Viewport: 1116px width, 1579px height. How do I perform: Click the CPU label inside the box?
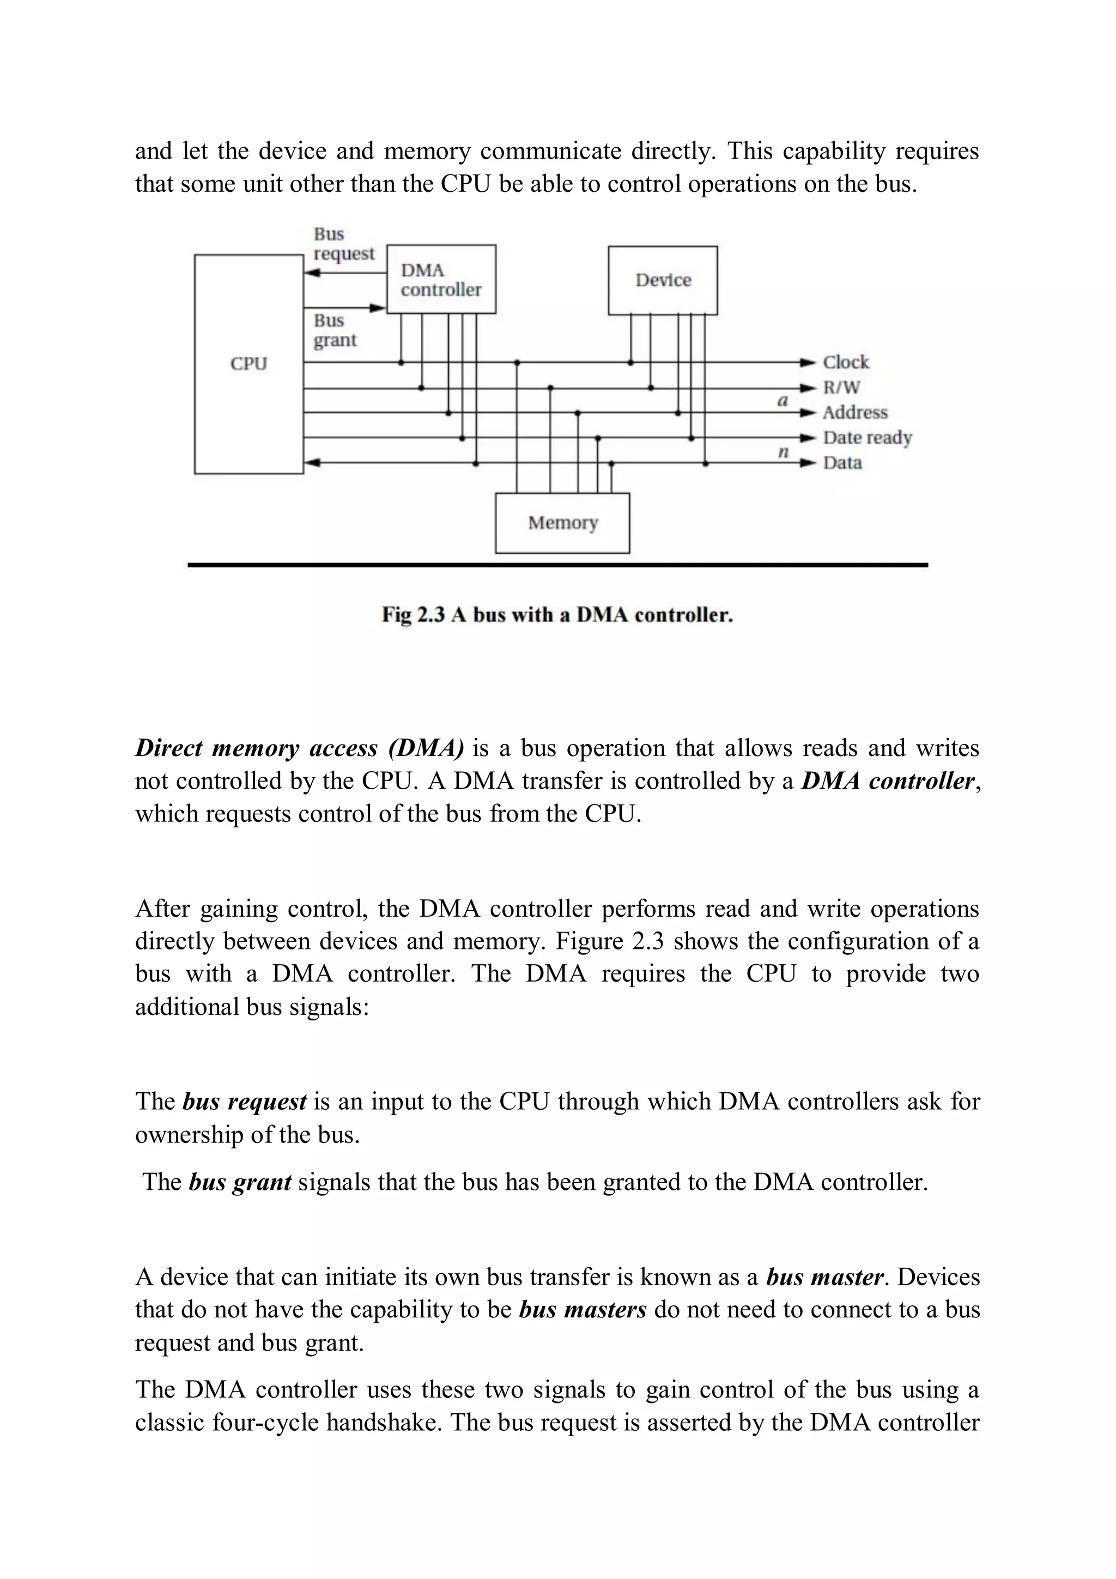(248, 363)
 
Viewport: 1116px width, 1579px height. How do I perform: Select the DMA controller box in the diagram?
(441, 279)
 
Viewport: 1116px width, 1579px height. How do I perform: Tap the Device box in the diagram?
(663, 280)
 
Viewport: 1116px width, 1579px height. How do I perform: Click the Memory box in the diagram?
(562, 523)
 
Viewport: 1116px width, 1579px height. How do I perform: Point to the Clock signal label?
(846, 362)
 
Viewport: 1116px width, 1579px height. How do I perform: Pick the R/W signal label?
(842, 388)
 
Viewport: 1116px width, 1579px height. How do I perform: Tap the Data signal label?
(842, 463)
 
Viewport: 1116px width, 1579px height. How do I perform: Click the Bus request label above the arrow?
(343, 244)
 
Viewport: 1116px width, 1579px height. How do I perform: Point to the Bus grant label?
(335, 331)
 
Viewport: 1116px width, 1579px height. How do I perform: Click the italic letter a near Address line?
(782, 400)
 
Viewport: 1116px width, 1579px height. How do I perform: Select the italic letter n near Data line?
(783, 452)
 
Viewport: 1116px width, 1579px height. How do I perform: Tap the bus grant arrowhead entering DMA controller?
(378, 308)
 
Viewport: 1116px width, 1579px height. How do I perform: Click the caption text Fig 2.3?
(413, 615)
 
